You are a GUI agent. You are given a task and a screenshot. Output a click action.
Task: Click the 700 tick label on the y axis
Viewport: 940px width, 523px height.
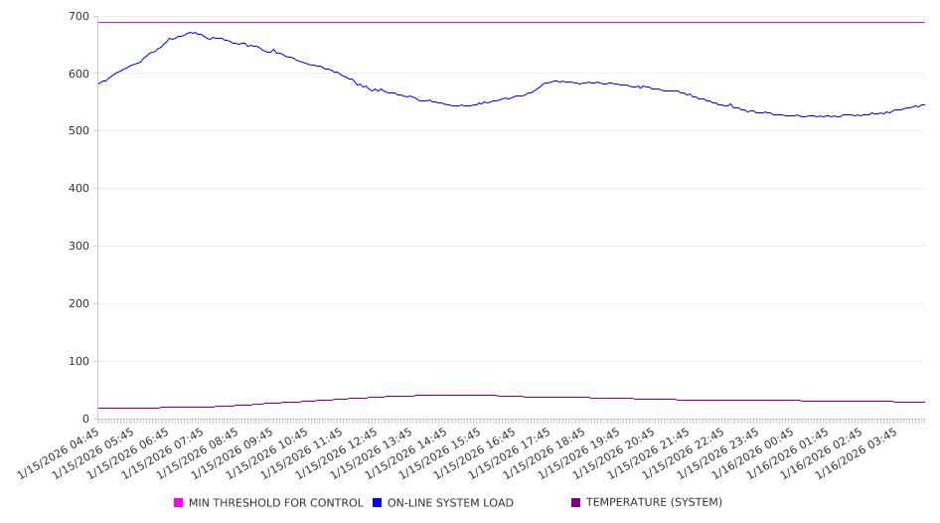[78, 16]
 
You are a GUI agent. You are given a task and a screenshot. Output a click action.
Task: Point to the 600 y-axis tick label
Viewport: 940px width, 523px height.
[78, 74]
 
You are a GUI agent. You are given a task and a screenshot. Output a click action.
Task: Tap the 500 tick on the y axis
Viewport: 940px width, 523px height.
[78, 131]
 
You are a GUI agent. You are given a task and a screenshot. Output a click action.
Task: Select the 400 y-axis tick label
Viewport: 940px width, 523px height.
[78, 189]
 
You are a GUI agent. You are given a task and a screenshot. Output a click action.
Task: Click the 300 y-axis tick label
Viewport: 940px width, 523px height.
[78, 247]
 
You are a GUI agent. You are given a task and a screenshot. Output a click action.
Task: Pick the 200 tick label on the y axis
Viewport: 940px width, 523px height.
[78, 304]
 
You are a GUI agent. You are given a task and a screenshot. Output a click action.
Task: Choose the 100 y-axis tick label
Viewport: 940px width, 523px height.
[78, 362]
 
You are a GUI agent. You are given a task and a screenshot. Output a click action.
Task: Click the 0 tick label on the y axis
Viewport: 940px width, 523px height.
[85, 420]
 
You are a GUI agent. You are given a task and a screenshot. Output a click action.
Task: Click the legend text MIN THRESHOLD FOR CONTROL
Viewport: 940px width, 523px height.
[275, 503]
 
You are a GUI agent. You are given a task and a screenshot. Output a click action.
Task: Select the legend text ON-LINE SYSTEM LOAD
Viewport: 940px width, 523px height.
[450, 503]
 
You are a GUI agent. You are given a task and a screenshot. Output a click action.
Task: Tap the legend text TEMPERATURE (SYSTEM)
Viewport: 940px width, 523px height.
[654, 503]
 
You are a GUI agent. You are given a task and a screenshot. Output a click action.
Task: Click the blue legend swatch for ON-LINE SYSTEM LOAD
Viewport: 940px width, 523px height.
[378, 503]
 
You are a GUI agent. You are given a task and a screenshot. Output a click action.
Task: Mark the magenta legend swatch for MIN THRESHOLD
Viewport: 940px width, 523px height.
[179, 503]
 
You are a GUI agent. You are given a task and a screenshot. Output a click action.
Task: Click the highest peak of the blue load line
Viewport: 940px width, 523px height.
[190, 32]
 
